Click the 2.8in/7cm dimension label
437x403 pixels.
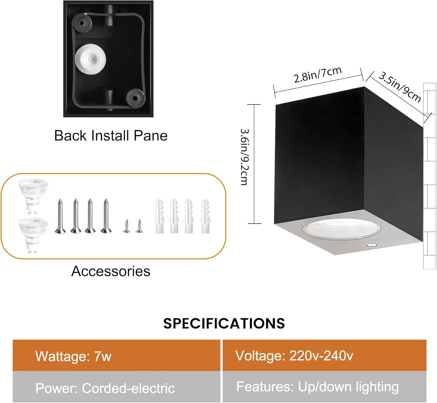[x=318, y=75]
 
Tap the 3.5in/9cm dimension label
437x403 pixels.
[x=400, y=87]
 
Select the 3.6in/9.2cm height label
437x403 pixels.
[x=245, y=157]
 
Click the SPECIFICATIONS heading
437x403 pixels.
[x=224, y=324]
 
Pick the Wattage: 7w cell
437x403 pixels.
[x=117, y=356]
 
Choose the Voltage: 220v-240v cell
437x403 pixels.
[x=325, y=356]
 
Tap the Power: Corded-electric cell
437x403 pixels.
[x=117, y=387]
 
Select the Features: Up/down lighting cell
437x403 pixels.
[x=325, y=387]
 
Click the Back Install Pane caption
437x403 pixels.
[x=111, y=135]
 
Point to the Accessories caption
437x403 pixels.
[x=111, y=271]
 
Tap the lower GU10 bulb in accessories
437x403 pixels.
[x=33, y=236]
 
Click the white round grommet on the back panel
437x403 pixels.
[x=90, y=59]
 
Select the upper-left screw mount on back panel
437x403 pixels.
[x=82, y=23]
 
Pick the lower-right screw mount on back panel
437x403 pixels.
[x=135, y=98]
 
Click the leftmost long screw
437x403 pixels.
[x=60, y=216]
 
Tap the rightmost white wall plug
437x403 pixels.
[x=205, y=216]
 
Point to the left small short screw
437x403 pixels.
[x=127, y=225]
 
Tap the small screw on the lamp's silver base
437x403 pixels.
[x=372, y=245]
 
